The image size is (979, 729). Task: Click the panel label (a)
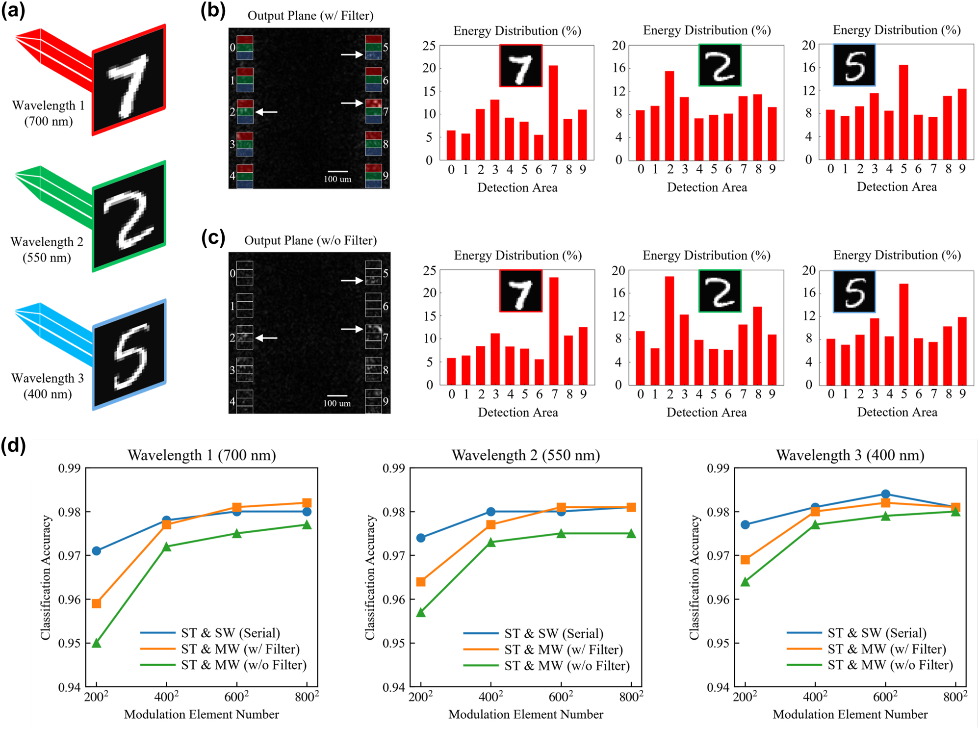point(13,10)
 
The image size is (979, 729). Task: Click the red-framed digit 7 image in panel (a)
point(129,80)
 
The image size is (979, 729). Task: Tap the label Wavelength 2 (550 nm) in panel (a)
point(47,249)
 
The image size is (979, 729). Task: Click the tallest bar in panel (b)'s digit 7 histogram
point(553,113)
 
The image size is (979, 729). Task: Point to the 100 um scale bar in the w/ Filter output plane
point(337,172)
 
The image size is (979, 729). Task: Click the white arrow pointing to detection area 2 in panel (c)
point(267,338)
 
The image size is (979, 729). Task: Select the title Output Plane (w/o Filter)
point(310,240)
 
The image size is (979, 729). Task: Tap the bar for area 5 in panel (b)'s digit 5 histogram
point(903,112)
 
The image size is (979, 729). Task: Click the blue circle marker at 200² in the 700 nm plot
point(97,551)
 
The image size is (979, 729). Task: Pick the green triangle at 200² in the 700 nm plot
point(97,643)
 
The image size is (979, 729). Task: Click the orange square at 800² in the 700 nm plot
point(307,503)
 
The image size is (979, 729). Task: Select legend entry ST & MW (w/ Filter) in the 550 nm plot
point(563,650)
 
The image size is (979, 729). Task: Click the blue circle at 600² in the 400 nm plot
point(885,494)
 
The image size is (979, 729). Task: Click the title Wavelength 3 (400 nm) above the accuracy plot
point(850,455)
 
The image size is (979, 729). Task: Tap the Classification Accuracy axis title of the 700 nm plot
point(46,577)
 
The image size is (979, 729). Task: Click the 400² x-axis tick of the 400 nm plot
point(815,697)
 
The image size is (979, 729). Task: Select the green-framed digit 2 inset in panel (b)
point(720,65)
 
